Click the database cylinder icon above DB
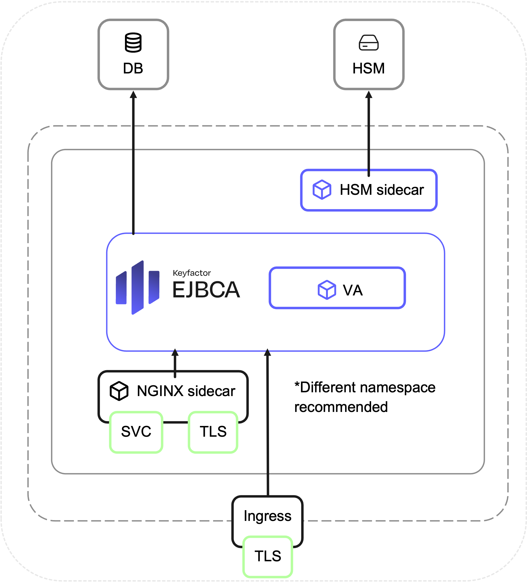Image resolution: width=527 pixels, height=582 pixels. [133, 43]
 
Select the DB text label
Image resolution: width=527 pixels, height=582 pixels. [133, 68]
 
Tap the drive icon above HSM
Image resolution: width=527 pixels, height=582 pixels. [368, 43]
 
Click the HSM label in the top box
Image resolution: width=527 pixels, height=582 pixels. [368, 68]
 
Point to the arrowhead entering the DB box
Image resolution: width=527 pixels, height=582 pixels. [133, 94]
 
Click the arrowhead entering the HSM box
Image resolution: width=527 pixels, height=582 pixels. [369, 94]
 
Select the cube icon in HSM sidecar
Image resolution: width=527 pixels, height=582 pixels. [322, 190]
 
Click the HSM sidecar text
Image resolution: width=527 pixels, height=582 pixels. [382, 190]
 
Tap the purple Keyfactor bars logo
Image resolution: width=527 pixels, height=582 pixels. [138, 288]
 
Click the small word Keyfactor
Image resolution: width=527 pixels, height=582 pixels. [192, 273]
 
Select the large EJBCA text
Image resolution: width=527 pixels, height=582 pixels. [206, 290]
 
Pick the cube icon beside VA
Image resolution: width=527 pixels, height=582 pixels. [327, 290]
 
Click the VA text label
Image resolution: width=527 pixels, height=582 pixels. [353, 290]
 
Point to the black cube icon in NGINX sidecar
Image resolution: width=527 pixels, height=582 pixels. [119, 391]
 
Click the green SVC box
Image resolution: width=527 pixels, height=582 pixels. [136, 432]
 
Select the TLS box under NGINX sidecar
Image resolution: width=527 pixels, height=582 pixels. [213, 432]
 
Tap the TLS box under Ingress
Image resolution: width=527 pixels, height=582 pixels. [268, 556]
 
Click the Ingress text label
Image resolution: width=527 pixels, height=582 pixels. [268, 516]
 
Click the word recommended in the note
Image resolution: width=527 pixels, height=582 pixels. [341, 407]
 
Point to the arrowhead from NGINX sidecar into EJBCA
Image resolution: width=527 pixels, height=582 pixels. [175, 352]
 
